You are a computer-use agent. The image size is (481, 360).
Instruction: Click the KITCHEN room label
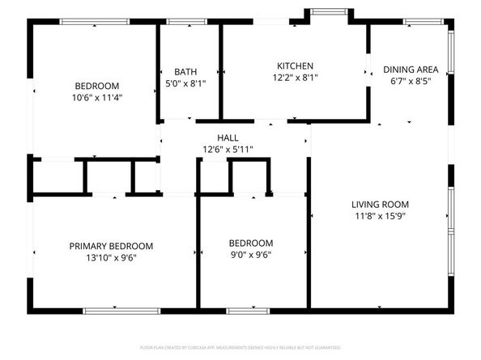tap(295, 66)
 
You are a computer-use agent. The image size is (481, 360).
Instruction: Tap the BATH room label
tap(185, 71)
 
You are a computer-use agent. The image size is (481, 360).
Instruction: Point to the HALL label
tap(228, 138)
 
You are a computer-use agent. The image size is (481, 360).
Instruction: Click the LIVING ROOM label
tap(380, 205)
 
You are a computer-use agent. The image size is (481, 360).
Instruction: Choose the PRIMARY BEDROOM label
tap(111, 246)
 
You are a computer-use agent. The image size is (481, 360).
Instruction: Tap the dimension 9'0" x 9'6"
tap(250, 254)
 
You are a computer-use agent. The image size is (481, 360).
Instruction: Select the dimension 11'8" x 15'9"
tap(380, 216)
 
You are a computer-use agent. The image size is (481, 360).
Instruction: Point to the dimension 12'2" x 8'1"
tap(295, 78)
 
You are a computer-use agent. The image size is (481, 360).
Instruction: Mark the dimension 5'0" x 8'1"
tap(185, 83)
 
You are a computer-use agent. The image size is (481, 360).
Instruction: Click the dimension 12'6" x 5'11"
tap(228, 149)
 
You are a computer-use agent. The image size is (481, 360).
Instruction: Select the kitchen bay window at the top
tap(327, 11)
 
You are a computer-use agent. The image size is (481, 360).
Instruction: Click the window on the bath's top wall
tap(189, 23)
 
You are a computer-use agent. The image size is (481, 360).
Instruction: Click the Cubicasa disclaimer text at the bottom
tap(240, 347)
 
